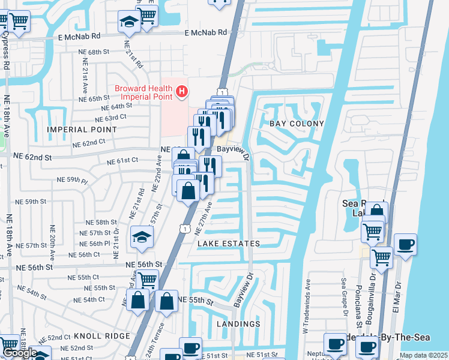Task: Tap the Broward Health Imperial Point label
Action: tap(145, 92)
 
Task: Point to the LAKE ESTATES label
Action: tap(229, 244)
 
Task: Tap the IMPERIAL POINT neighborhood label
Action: tap(77, 129)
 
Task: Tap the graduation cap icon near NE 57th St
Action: tap(142, 237)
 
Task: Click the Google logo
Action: tap(19, 353)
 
